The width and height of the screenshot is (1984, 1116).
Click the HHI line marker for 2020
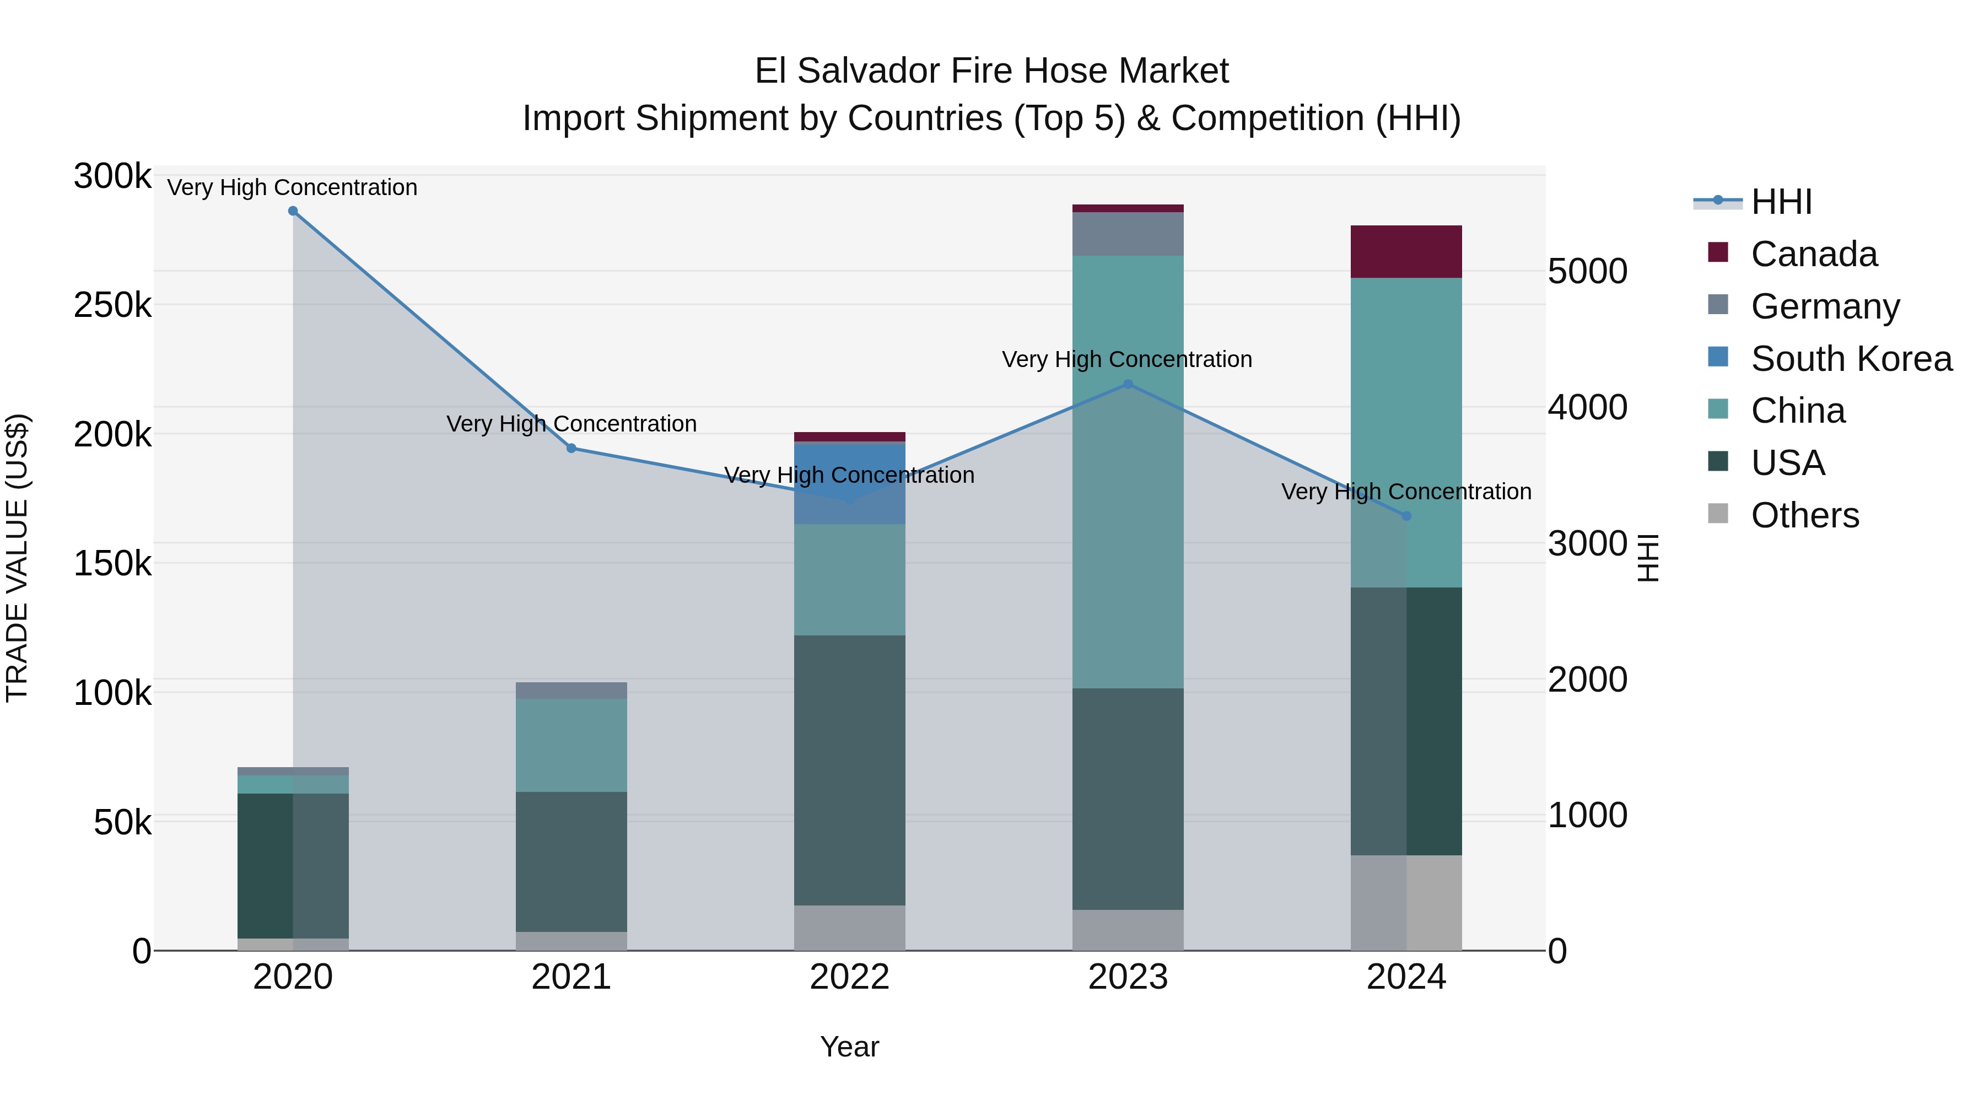(x=293, y=211)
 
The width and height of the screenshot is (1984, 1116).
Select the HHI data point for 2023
(x=1128, y=384)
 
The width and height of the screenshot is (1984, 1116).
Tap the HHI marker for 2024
(x=1406, y=516)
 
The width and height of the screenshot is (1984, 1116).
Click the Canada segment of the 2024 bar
(x=1406, y=252)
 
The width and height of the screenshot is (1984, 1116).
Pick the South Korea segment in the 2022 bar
(x=849, y=484)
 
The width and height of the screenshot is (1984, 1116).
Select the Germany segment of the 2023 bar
(x=1128, y=233)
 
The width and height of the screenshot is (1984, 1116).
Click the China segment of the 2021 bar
(x=571, y=745)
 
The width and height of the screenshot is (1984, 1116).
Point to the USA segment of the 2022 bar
(x=849, y=770)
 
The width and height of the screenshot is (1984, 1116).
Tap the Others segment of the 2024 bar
(x=1406, y=903)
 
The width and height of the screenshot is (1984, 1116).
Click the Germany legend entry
(x=1825, y=306)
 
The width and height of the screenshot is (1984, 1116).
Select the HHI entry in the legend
(x=1781, y=202)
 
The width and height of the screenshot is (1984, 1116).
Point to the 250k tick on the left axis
(x=112, y=306)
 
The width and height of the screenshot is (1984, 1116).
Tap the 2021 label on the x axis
(x=571, y=977)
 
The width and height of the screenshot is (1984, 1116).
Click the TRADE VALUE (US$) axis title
(x=17, y=558)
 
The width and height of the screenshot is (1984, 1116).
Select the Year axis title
(x=849, y=1047)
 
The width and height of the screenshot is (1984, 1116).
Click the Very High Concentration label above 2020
(x=292, y=187)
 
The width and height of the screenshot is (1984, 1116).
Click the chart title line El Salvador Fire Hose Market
(x=991, y=71)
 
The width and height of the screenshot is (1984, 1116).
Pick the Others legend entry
(x=1804, y=515)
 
